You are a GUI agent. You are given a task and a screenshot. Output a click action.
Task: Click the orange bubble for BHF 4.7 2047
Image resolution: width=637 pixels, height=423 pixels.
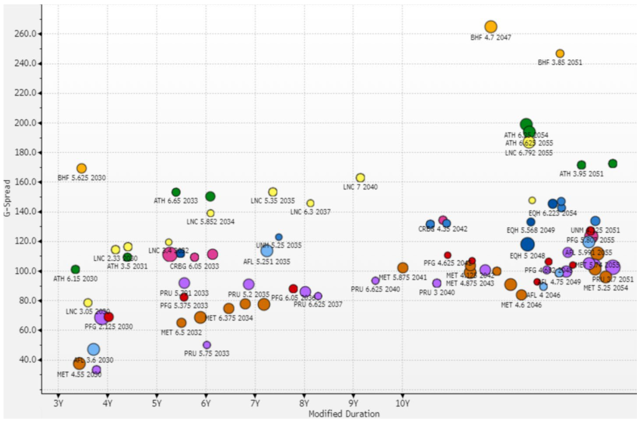[x=491, y=27]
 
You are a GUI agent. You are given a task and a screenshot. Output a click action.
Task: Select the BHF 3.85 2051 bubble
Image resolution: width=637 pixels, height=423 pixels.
[x=560, y=53]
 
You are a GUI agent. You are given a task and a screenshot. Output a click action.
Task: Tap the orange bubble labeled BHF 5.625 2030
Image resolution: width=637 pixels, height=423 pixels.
[x=81, y=168]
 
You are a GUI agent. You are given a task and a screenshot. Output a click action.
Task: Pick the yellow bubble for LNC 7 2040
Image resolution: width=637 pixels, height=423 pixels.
[x=360, y=178]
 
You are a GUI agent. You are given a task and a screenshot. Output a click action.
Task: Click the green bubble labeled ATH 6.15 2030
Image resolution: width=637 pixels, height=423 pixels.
[x=75, y=270]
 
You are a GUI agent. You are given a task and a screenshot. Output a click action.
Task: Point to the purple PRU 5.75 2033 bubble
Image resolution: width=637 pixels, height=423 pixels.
[x=207, y=345]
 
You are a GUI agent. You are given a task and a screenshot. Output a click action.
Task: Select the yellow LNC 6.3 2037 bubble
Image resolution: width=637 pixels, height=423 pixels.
[x=310, y=203]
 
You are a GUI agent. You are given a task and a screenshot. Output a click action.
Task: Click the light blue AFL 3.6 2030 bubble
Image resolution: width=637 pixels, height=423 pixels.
[x=93, y=349]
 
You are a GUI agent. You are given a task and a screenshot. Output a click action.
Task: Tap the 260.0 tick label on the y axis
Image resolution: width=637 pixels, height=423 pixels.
[x=25, y=34]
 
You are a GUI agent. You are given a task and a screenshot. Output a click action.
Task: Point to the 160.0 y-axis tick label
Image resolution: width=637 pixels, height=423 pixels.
[x=25, y=182]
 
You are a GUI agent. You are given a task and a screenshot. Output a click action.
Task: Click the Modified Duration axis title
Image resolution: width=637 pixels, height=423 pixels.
[x=343, y=414]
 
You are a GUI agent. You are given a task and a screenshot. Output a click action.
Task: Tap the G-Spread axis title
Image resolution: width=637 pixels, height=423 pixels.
[x=7, y=198]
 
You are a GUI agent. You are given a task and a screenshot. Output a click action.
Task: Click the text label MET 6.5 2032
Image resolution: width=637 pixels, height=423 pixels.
[x=181, y=332]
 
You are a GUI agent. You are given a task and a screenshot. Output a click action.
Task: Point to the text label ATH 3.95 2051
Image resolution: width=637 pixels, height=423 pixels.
[x=581, y=174]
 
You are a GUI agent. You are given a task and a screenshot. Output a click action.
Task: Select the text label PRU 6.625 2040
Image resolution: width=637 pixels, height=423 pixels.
[x=375, y=289]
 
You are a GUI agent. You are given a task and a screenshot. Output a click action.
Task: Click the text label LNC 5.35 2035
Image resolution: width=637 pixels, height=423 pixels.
[x=272, y=201]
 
